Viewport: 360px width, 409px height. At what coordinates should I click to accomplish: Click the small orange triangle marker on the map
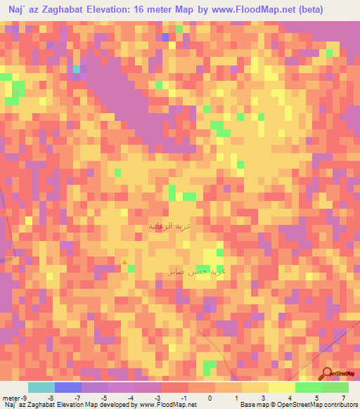coord(125,262)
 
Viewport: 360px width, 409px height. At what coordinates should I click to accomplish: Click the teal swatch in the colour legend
coord(41,387)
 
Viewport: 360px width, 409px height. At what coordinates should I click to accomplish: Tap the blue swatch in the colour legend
coord(67,387)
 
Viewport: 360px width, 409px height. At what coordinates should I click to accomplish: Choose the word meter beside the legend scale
coord(10,397)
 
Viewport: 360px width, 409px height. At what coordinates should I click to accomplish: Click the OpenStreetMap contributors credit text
coord(319,405)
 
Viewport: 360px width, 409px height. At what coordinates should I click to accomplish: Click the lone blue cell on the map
coord(165,37)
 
